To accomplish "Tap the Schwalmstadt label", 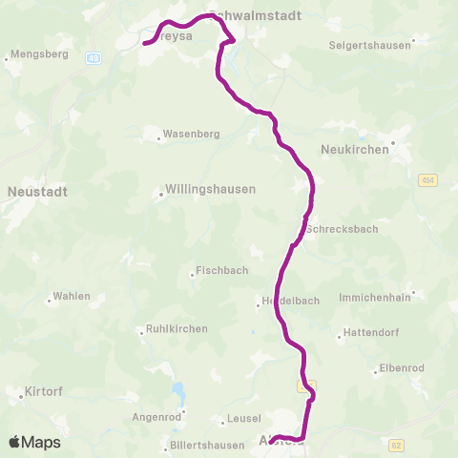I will tap(254, 16).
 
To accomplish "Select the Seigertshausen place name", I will tap(370, 45).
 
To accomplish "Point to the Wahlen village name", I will tap(72, 296).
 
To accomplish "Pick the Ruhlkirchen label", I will tap(177, 329).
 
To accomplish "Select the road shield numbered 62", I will tap(397, 445).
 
